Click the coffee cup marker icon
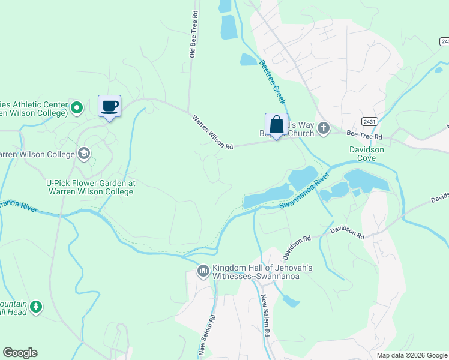coord(109,107)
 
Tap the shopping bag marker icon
coord(276,125)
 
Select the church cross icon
coord(324,128)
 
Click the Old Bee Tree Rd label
coord(193,34)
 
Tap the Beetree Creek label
coord(273,81)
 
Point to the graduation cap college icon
coord(83,154)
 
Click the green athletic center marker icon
coord(76,108)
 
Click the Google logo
coord(20,353)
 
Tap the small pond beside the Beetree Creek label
coord(247,59)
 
